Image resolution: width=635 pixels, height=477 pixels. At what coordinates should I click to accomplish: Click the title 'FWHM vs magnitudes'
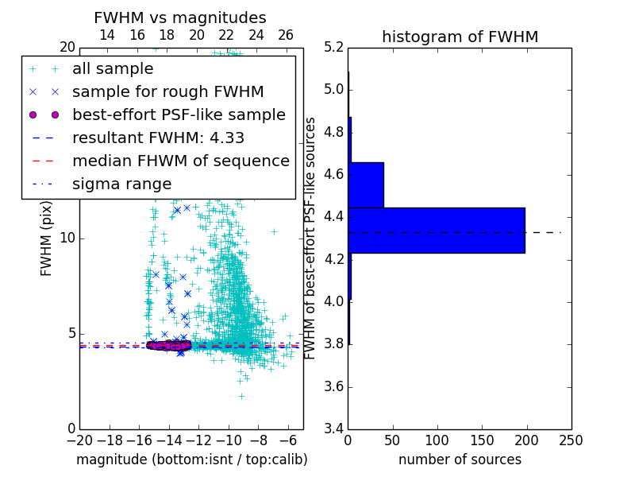pos(180,17)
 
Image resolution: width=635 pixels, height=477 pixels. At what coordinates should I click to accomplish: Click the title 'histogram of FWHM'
pos(460,37)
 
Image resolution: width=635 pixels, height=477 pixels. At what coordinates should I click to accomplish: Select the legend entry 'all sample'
pos(113,69)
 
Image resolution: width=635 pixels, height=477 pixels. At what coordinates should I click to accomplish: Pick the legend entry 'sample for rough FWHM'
pos(167,91)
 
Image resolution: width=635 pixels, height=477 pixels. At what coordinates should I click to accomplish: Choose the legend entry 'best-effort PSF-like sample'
pos(179,114)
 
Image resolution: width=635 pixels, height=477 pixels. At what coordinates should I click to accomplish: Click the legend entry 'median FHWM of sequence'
pos(180,161)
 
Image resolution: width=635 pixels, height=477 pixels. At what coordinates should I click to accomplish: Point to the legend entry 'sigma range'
pos(121,184)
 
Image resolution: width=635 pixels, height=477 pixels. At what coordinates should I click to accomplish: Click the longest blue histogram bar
pos(436,230)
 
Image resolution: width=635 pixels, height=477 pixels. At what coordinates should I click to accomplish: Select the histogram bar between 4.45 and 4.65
pos(366,184)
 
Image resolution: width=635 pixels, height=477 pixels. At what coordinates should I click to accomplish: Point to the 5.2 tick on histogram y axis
pos(333,47)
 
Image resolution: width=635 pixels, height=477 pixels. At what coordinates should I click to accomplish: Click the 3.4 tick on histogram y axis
pos(333,429)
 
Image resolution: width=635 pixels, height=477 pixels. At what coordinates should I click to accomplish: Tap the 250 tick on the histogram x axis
pos(571,440)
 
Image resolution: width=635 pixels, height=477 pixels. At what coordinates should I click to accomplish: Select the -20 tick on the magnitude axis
pos(79,440)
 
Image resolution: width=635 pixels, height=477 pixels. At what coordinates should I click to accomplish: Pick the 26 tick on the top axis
pos(286,35)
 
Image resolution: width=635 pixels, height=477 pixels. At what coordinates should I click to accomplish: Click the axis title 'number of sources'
pos(460,460)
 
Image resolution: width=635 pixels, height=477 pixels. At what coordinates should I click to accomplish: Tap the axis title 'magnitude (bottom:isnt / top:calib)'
pos(191,460)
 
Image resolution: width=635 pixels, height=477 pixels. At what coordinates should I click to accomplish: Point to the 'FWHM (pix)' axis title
pos(46,238)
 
